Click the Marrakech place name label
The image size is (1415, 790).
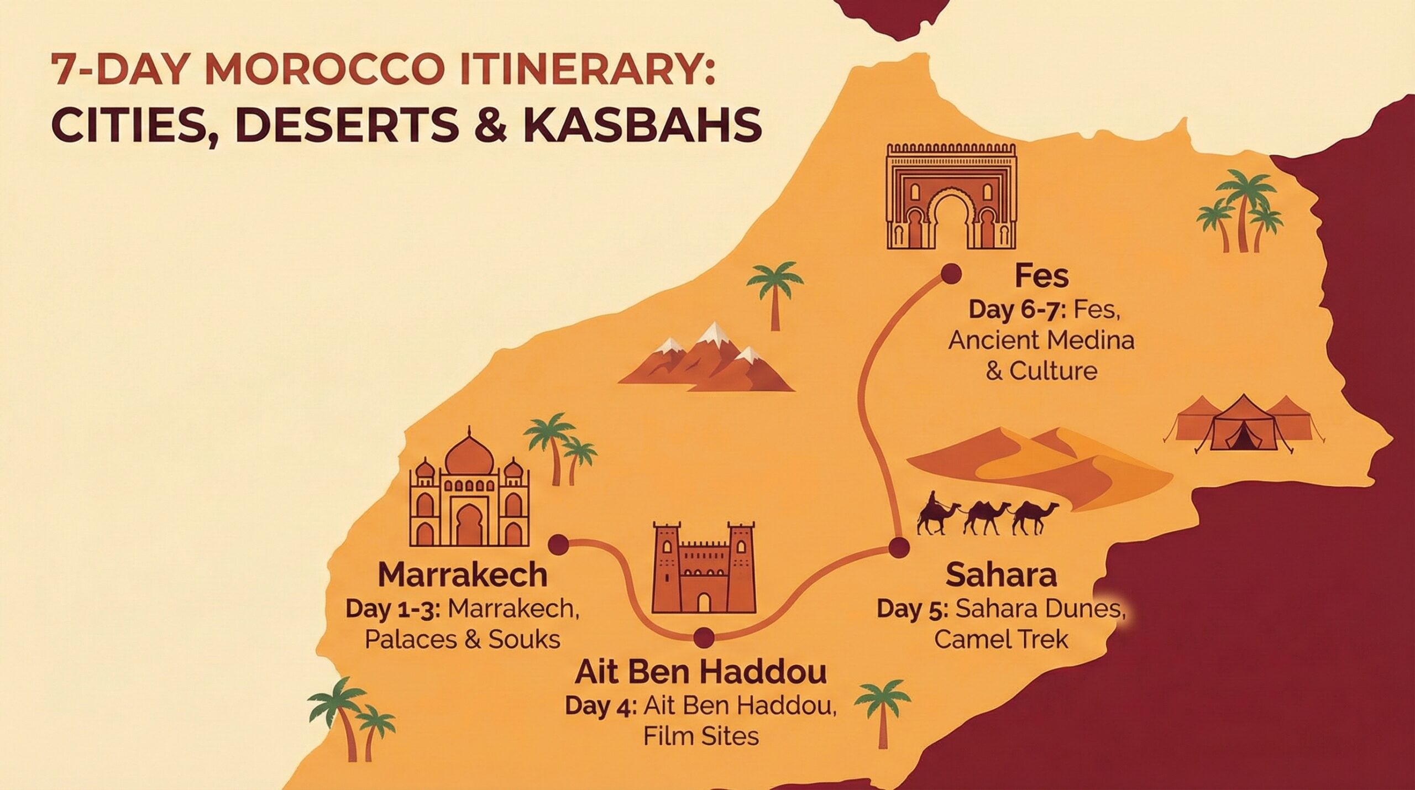(x=462, y=576)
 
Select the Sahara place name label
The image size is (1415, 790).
(x=1001, y=576)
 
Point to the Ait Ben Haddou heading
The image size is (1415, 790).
(x=701, y=672)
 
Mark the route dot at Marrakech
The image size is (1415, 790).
(x=559, y=545)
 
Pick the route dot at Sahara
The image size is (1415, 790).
(x=898, y=548)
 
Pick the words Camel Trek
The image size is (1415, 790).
(x=1001, y=640)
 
